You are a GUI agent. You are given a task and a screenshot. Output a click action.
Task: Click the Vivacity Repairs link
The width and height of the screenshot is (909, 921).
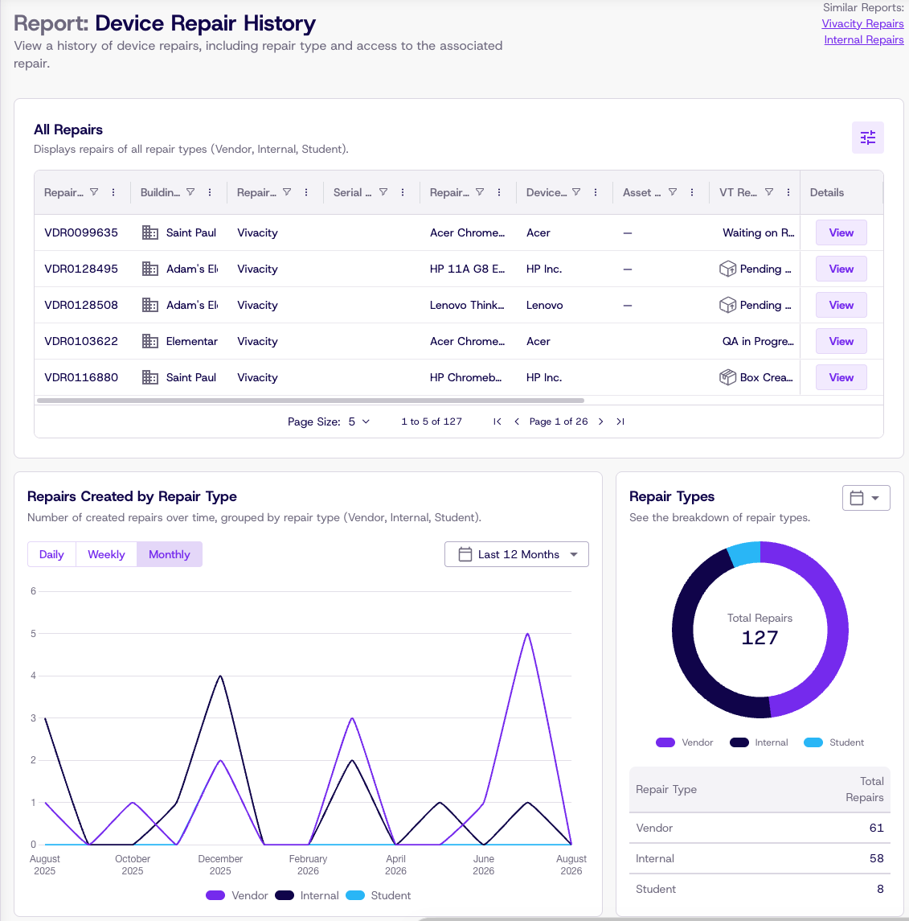tap(862, 23)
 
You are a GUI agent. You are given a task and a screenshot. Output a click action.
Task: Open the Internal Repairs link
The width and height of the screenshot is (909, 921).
tap(863, 40)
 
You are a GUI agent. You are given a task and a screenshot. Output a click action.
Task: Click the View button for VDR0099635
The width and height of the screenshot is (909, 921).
tap(841, 232)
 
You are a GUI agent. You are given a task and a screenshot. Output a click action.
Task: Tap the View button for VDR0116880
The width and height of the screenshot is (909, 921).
tap(841, 377)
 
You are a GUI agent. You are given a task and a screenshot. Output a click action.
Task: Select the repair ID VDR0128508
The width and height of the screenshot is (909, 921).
tap(81, 305)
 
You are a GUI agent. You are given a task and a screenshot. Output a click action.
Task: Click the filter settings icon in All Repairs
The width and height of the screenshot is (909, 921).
tap(867, 138)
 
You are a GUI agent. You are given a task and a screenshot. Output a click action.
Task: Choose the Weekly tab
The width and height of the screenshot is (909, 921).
tap(106, 554)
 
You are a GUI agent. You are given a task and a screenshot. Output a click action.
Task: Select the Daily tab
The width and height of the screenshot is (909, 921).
tap(51, 554)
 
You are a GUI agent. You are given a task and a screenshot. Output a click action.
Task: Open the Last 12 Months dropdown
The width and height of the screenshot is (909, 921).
tap(517, 554)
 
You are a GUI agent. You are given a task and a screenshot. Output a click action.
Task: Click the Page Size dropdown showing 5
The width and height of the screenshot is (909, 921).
tap(358, 421)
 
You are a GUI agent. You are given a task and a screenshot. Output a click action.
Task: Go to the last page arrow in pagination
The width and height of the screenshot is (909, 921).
tap(620, 421)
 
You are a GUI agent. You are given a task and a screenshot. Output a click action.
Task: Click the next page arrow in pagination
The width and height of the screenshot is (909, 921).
tap(600, 421)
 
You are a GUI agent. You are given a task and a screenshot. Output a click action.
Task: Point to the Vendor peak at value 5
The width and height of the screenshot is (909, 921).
tap(527, 634)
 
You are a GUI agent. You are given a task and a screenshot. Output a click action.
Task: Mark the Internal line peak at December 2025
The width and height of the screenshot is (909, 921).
tap(220, 676)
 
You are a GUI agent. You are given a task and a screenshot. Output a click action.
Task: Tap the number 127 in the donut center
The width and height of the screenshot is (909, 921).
tap(760, 638)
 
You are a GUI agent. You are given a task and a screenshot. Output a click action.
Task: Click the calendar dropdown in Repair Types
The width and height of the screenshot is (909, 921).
tap(866, 498)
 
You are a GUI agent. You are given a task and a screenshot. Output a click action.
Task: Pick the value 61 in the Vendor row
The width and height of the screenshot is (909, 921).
tap(876, 828)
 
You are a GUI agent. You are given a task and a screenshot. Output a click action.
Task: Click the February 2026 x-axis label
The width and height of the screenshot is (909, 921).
tap(308, 865)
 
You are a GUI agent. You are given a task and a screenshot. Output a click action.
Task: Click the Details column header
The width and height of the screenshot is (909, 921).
tap(827, 193)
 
